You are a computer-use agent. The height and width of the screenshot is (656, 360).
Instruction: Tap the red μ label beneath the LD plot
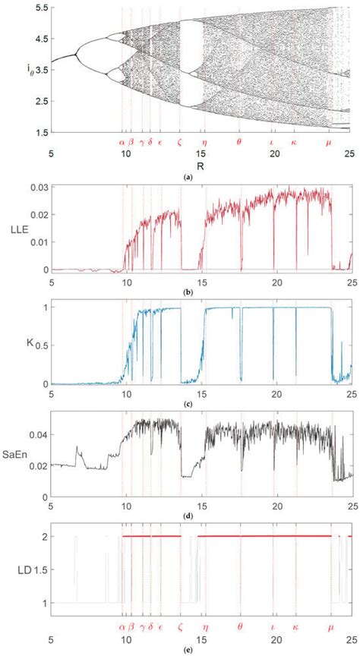pos(329,628)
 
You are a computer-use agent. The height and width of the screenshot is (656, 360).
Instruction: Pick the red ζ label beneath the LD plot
pos(179,628)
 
